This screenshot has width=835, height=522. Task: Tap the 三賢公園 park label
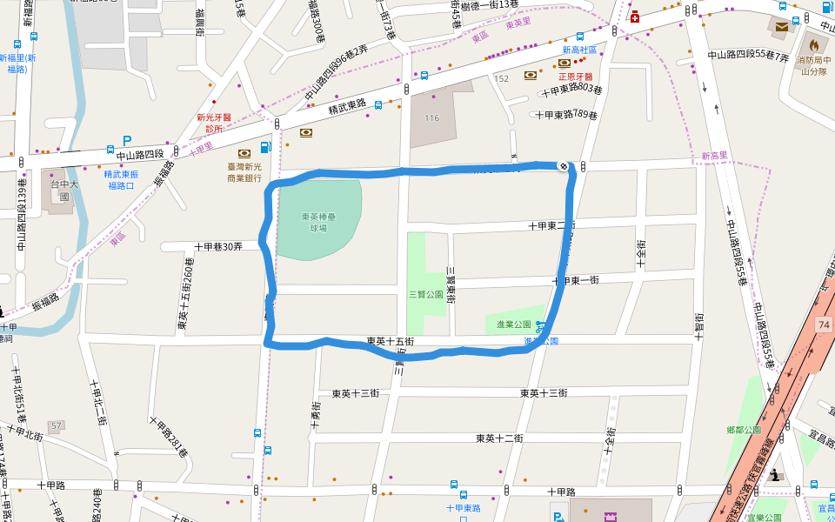point(426,295)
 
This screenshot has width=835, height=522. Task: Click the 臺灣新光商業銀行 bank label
point(244,172)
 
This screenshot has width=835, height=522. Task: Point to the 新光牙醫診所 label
point(214,123)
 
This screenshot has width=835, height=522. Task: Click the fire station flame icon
point(814,44)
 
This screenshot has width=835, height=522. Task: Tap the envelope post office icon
point(781,27)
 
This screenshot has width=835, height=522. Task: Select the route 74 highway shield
point(824,324)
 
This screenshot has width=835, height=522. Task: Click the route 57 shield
point(57,425)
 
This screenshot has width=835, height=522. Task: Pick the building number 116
point(432,117)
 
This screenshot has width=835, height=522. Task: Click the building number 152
point(501,78)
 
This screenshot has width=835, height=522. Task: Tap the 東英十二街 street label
point(499,438)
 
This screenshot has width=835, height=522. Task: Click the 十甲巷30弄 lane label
point(217,247)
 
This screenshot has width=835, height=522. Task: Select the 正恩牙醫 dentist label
point(575,77)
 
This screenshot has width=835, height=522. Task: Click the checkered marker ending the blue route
point(564,165)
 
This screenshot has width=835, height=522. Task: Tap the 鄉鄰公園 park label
point(743,430)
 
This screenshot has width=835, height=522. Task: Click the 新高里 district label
point(715,156)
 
